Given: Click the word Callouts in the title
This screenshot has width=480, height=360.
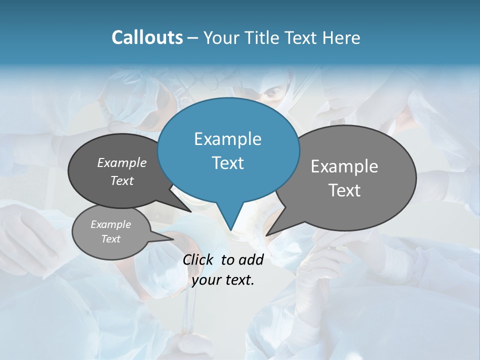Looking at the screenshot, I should point(147,38).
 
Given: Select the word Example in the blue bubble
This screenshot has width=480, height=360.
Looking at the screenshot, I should point(227,139).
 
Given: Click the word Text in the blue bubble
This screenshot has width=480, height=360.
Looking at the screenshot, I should point(227,163).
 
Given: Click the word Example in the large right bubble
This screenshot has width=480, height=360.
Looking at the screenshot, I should point(344,166).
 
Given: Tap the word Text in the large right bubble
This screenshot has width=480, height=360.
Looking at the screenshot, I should point(344,190).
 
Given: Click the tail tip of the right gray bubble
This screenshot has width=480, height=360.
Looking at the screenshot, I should point(266,234).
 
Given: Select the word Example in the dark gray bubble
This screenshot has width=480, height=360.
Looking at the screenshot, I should point(121,163).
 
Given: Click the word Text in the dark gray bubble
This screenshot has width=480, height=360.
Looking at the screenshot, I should point(121,180).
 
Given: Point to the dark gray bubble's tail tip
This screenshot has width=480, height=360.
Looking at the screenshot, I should point(191,211).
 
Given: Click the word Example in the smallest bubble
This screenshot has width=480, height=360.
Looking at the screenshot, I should point(110,224).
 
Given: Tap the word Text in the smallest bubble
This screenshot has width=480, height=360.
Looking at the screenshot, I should point(110,239).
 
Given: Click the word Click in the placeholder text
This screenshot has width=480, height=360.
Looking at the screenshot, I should point(198,259).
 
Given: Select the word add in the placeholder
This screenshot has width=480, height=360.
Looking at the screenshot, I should point(251,259).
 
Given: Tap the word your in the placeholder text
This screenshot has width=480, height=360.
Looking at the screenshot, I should point(206,280).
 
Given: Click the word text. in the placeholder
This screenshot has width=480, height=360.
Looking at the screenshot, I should point(238,280).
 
